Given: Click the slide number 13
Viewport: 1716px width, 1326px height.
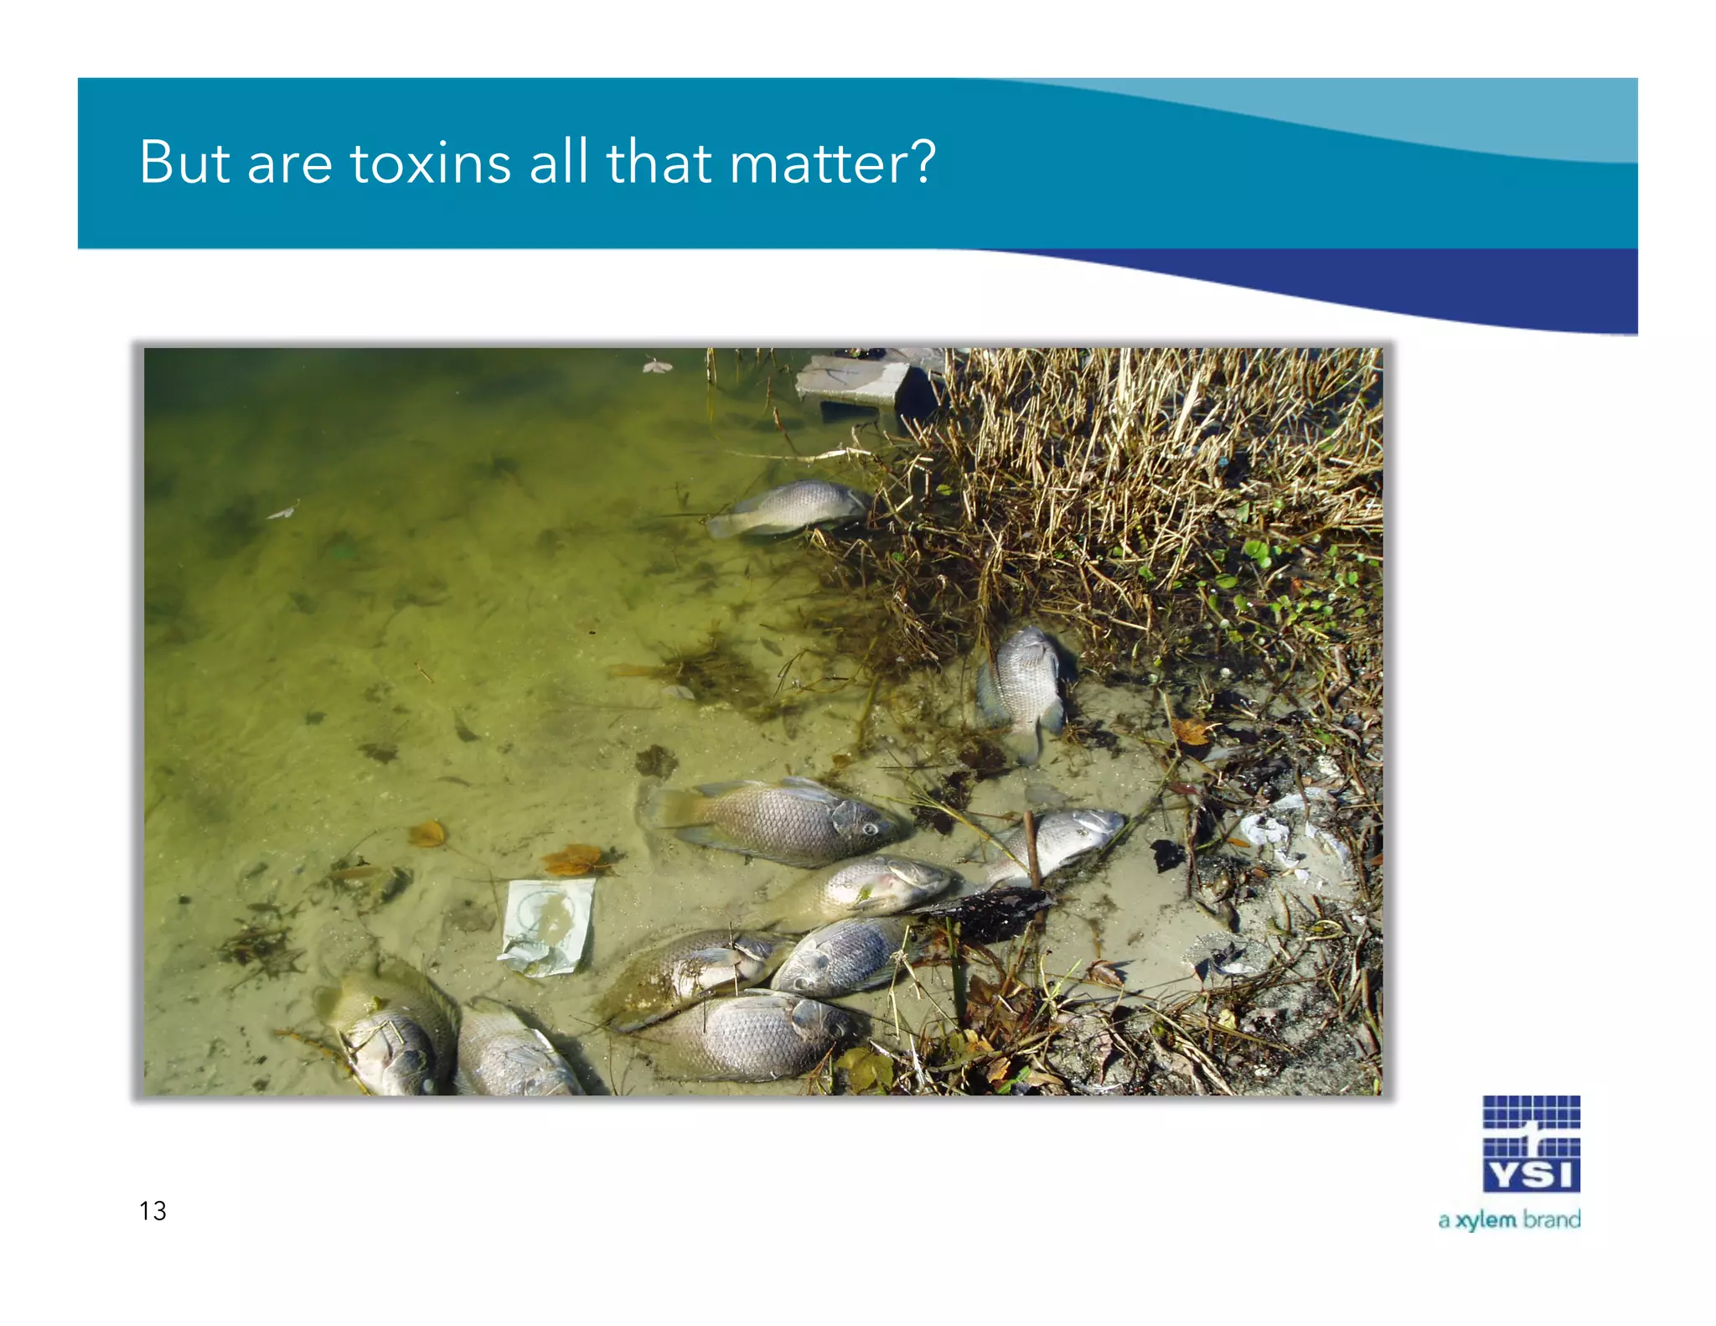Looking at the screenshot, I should pos(152,1210).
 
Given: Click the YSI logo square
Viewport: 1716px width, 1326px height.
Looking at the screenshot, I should pos(1531,1143).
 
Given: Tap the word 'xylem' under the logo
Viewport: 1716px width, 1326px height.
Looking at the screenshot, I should pos(1486,1220).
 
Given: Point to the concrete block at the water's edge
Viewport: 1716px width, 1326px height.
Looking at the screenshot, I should pos(855,381).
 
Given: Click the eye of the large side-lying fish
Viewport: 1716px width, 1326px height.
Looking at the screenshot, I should pos(870,829).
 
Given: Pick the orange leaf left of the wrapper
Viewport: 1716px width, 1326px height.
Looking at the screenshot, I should pos(427,833).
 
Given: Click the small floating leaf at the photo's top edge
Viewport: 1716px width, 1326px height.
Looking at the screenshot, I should pos(658,365).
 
